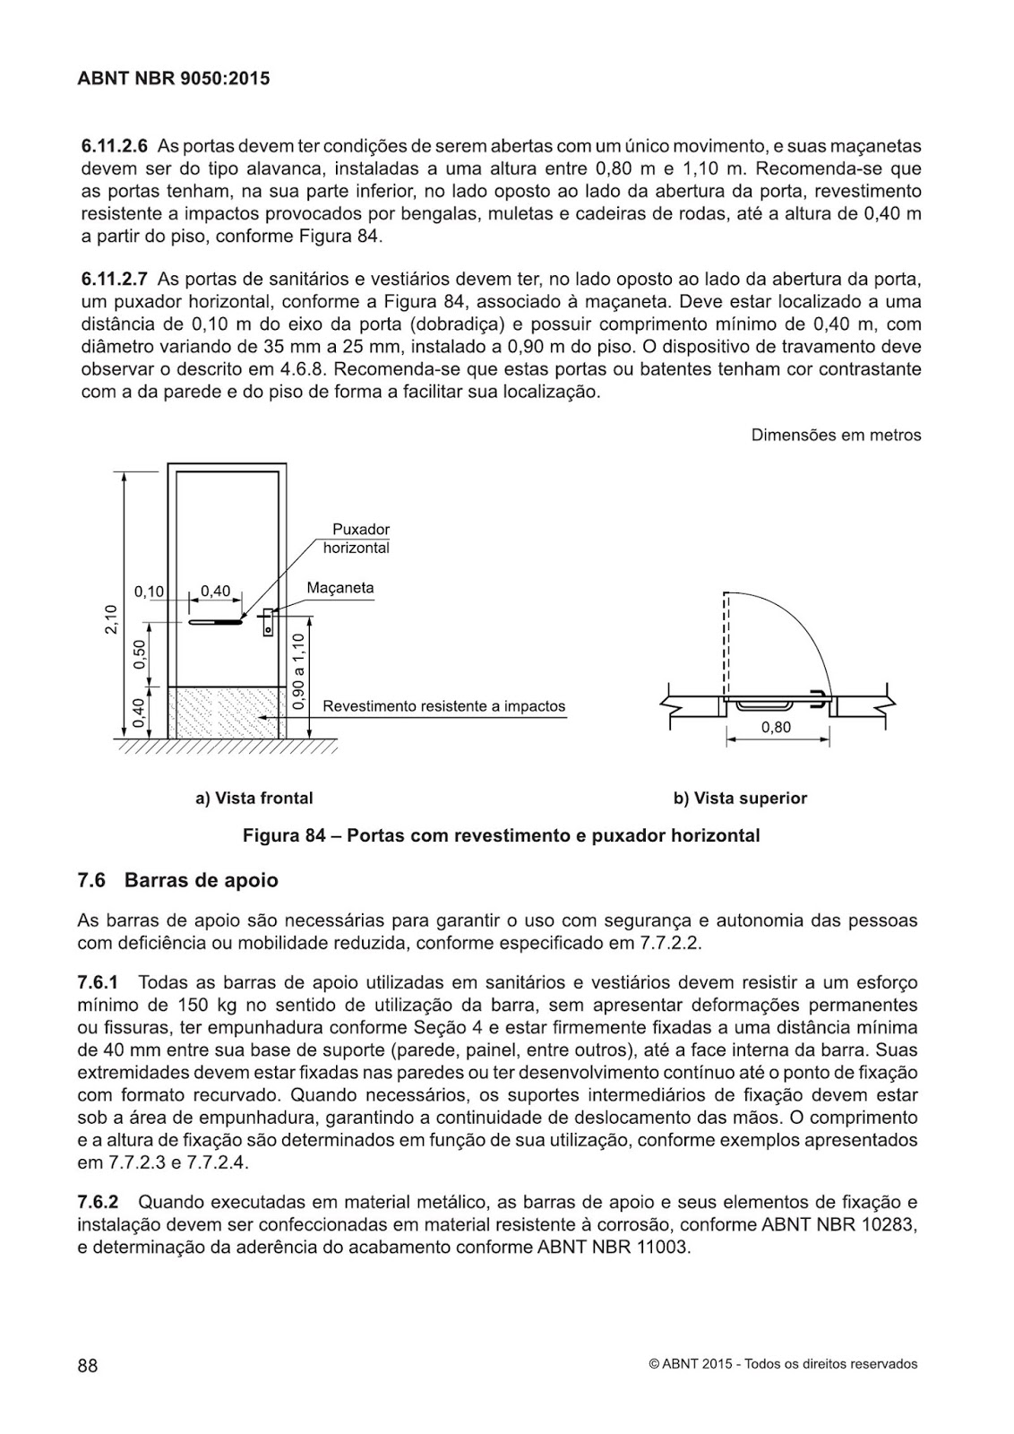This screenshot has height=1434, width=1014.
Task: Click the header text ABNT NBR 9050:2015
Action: pyautogui.click(x=174, y=79)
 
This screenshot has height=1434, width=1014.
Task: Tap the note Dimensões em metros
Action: pyautogui.click(x=836, y=436)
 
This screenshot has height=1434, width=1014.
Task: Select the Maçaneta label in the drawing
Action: pyautogui.click(x=339, y=589)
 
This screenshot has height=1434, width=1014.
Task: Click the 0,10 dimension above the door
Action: pyautogui.click(x=149, y=592)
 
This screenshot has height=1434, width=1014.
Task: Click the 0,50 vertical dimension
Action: pyautogui.click(x=139, y=655)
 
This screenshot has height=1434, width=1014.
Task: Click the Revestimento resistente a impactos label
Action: pyautogui.click(x=443, y=706)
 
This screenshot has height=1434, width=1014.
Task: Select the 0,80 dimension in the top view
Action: pyautogui.click(x=776, y=728)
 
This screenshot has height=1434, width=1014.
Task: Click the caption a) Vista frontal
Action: pyautogui.click(x=254, y=798)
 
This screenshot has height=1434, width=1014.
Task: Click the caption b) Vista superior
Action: pyautogui.click(x=740, y=798)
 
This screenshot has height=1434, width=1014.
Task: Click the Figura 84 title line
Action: pyautogui.click(x=501, y=835)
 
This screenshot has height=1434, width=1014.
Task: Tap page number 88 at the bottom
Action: pyautogui.click(x=87, y=1365)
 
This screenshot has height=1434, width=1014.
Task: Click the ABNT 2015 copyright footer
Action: pyautogui.click(x=784, y=1364)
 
